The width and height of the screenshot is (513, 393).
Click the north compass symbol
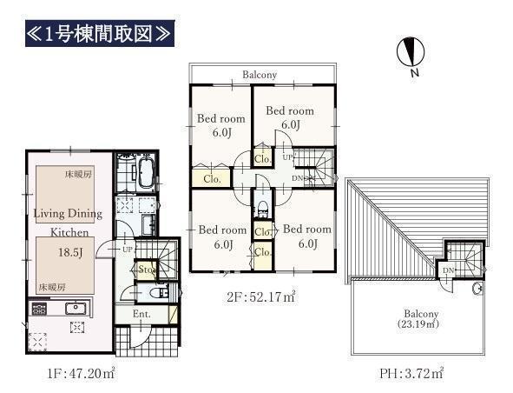click(x=411, y=52)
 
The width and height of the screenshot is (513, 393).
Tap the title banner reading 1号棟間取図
click(x=100, y=33)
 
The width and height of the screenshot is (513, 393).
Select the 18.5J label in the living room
click(x=70, y=252)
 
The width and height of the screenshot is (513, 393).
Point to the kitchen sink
click(x=76, y=309)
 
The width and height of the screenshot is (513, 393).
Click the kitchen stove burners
click(x=39, y=309)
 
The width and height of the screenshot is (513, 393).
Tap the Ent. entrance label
click(x=141, y=314)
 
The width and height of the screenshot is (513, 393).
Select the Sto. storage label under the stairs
click(x=146, y=270)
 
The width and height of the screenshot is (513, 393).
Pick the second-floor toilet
click(x=263, y=209)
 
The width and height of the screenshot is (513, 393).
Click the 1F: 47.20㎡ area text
click(x=81, y=373)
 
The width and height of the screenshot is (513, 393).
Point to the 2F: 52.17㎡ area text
click(x=261, y=297)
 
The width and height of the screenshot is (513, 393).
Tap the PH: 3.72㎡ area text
click(x=411, y=373)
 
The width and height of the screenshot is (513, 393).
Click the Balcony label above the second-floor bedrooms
click(x=260, y=75)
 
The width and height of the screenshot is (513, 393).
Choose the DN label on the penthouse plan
click(x=448, y=270)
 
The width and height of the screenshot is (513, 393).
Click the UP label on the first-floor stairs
click(x=128, y=250)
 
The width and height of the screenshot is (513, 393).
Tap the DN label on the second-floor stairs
click(x=298, y=178)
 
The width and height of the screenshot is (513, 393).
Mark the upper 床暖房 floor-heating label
click(x=78, y=175)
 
